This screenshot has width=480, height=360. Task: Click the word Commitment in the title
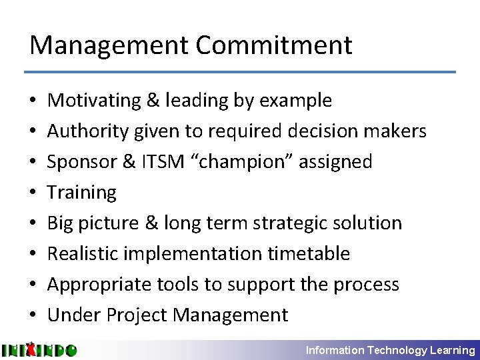274,45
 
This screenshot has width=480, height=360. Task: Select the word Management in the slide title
109,45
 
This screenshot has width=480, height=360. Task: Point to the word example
295,100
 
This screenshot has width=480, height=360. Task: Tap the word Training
82,192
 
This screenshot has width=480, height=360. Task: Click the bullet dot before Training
33,193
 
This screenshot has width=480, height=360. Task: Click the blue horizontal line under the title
240,72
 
